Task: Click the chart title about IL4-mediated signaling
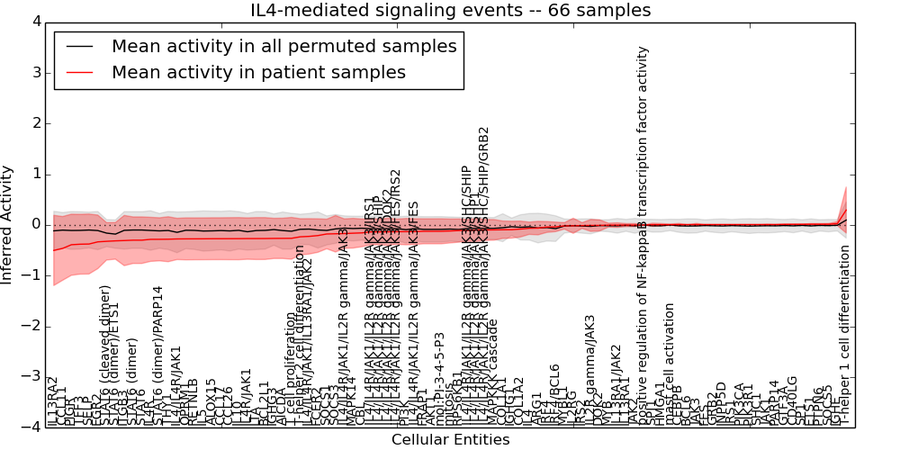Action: [450, 11]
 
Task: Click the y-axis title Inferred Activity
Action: [8, 224]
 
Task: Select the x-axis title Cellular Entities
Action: [450, 439]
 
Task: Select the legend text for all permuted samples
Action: [283, 46]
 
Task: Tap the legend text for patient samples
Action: [258, 72]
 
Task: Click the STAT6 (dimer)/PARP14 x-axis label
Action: [159, 355]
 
